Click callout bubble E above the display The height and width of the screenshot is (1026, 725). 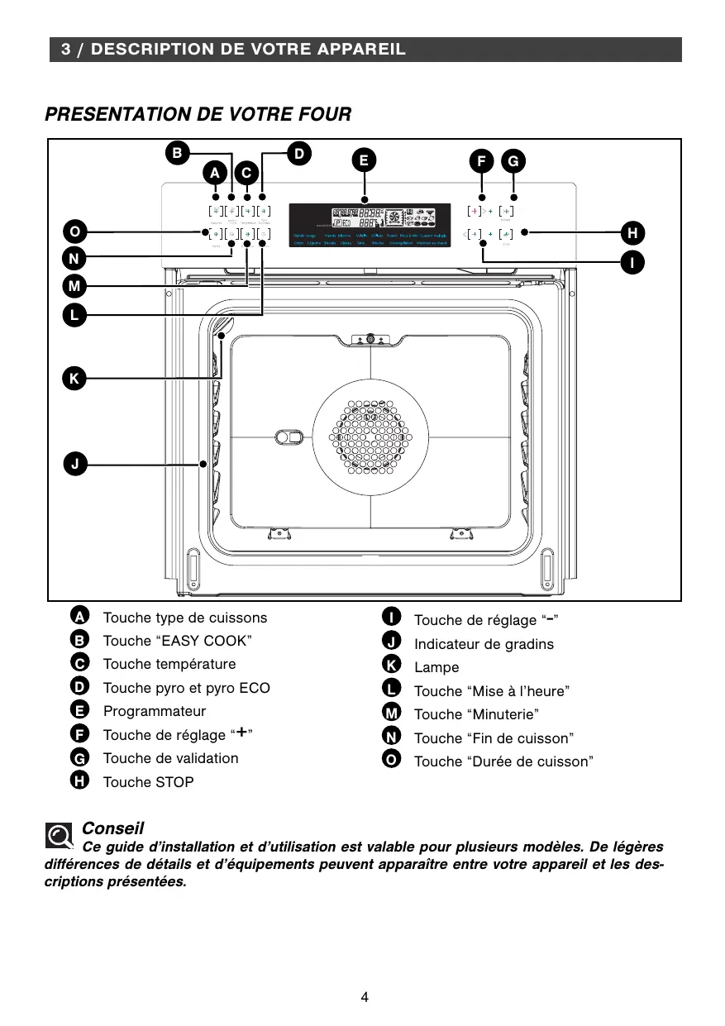click(364, 160)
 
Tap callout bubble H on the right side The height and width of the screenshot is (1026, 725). click(632, 231)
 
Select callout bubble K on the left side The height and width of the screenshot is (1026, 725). click(74, 379)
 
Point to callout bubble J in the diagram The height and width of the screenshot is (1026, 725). click(74, 464)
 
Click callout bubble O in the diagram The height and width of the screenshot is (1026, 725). click(74, 231)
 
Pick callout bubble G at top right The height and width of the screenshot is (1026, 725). click(513, 161)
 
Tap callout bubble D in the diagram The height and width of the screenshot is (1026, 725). click(299, 152)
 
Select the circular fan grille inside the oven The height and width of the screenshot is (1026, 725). click(371, 438)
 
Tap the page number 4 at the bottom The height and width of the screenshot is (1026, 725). click(365, 997)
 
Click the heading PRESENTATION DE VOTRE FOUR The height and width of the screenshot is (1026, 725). click(198, 114)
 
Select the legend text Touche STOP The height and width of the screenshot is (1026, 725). click(148, 782)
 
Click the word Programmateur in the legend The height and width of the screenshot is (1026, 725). click(155, 711)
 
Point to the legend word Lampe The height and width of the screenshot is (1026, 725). click(436, 667)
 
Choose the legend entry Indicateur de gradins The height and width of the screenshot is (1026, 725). click(484, 644)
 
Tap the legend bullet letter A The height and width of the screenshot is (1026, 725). click(79, 617)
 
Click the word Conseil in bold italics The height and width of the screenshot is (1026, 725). click(113, 828)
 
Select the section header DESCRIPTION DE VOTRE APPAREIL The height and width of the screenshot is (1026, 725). click(233, 50)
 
